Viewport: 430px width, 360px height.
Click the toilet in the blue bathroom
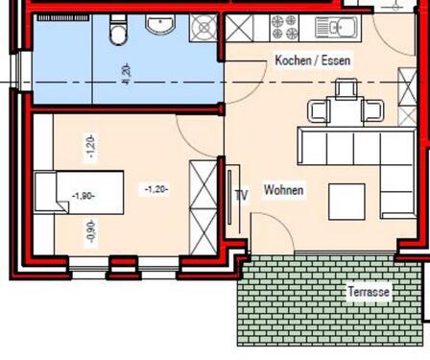[118, 34]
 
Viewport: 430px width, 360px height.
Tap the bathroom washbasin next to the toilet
[159, 25]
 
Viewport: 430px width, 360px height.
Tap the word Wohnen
[283, 190]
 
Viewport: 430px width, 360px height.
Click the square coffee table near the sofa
[347, 201]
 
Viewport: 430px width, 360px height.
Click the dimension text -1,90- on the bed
[83, 196]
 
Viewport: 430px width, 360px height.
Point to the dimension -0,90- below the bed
[91, 233]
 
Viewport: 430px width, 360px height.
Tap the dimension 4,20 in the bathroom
[124, 71]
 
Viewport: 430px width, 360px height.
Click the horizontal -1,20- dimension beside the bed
[156, 189]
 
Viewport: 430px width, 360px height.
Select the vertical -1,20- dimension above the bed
[91, 146]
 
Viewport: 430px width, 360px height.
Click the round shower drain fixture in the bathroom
[203, 30]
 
